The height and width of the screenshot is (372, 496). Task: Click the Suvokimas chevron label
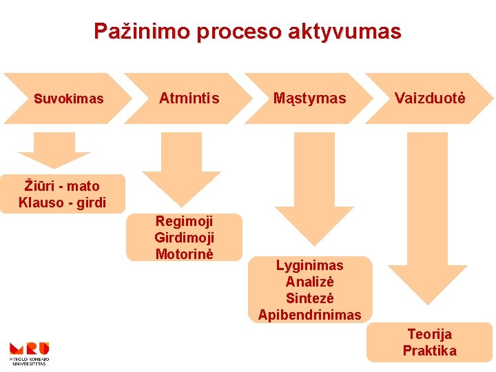click(x=69, y=99)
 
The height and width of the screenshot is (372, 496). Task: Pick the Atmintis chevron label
click(x=189, y=99)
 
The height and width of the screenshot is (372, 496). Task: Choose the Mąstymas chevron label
click(x=309, y=99)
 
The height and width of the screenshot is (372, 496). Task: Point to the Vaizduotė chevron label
click(x=430, y=99)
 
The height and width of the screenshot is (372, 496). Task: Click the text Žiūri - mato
click(x=62, y=186)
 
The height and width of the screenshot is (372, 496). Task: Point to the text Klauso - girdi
click(x=62, y=203)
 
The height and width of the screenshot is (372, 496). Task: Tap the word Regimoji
click(x=184, y=221)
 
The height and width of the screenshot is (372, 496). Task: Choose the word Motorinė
click(x=184, y=254)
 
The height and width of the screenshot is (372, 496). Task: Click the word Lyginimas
click(x=309, y=265)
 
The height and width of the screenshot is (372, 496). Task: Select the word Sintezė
click(x=309, y=298)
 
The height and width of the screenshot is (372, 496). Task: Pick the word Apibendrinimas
click(x=309, y=315)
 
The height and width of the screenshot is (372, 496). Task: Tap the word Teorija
click(x=429, y=334)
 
